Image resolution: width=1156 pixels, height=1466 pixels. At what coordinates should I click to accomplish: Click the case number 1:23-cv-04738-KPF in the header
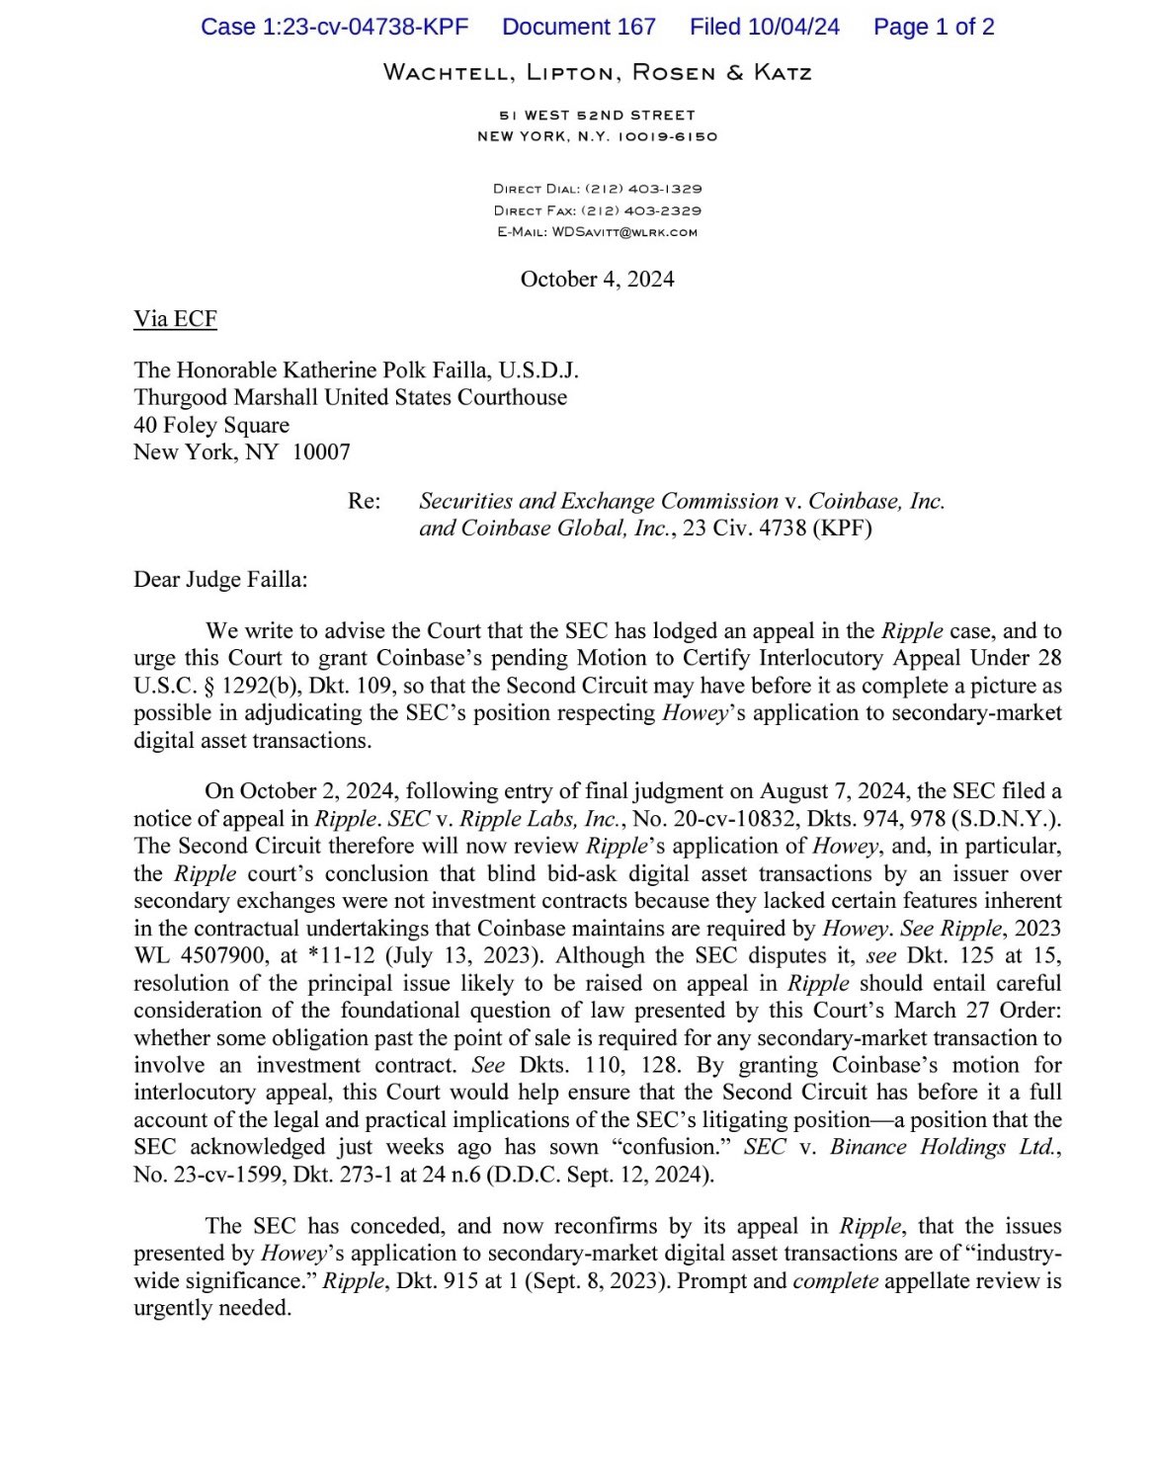334,27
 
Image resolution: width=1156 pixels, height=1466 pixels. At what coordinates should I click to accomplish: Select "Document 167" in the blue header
578,27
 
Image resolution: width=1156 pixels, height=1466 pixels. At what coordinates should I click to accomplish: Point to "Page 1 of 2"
933,27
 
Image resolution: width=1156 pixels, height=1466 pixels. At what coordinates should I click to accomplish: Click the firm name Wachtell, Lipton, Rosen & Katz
597,72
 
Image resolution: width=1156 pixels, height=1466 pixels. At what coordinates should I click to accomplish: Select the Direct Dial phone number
643,189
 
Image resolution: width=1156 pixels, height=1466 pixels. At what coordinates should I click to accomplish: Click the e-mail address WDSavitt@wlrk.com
623,233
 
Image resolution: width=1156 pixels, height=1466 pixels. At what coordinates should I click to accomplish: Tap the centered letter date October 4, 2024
597,280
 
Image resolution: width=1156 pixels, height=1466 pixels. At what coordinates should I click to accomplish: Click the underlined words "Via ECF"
175,319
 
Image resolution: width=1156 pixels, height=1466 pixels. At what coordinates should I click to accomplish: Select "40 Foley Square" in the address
211,426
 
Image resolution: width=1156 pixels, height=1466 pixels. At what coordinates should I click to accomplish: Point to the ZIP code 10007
321,453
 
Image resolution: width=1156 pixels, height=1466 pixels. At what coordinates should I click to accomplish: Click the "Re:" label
364,502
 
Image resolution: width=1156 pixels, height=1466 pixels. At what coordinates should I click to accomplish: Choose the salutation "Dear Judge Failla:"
220,580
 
